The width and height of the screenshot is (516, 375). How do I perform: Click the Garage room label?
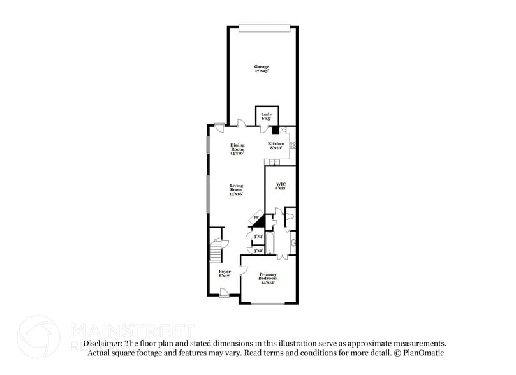point(262,69)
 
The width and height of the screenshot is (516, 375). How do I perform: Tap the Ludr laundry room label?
point(266,116)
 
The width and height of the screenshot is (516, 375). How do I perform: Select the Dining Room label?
point(237,149)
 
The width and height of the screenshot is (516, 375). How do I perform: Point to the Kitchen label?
point(276,146)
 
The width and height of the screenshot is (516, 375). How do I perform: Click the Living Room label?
point(237,189)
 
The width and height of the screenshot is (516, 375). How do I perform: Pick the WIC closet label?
point(281,186)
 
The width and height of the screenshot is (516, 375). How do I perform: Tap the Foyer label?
point(225,273)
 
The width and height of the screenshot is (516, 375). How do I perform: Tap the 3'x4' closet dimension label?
point(259,237)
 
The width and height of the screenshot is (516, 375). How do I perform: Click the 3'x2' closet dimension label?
point(259,251)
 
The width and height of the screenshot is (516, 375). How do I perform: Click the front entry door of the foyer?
point(225,293)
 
